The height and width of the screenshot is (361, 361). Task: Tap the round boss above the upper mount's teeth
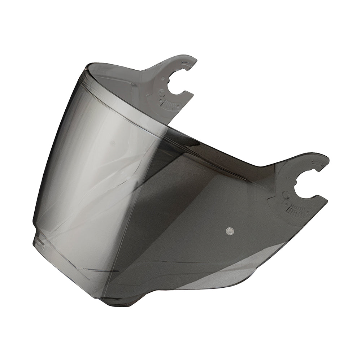point(162,91)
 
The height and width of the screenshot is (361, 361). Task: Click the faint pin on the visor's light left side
point(113,143)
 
